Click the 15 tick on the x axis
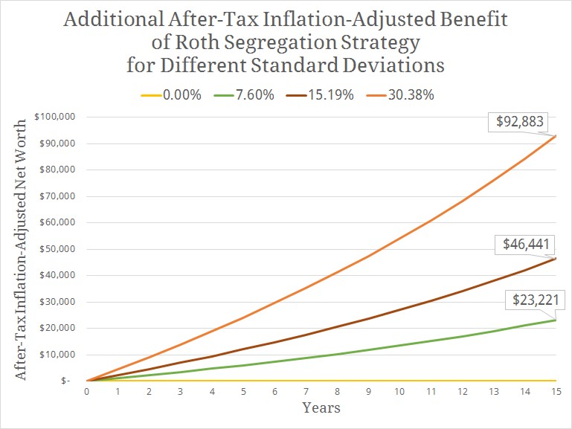click(x=556, y=392)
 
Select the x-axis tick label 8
click(x=337, y=392)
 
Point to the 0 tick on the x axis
click(x=87, y=392)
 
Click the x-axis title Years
click(x=321, y=407)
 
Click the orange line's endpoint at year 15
click(x=556, y=136)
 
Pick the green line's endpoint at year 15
click(x=556, y=320)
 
